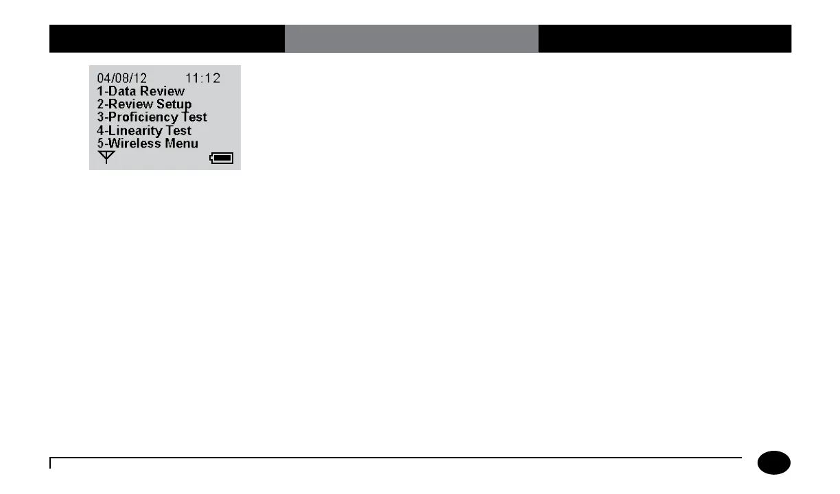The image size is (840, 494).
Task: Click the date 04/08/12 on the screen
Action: click(x=121, y=78)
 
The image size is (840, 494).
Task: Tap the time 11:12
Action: click(x=203, y=78)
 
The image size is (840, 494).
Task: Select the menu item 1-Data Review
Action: click(x=141, y=91)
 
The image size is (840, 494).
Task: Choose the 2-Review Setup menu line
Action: click(x=144, y=104)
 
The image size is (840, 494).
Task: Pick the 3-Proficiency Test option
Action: click(x=152, y=117)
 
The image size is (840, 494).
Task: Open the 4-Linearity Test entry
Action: click(x=144, y=130)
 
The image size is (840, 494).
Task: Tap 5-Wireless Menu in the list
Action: click(x=148, y=143)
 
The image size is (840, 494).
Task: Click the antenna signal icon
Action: click(x=105, y=158)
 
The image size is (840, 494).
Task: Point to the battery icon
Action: click(x=222, y=158)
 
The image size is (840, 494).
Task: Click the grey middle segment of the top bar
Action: click(x=411, y=38)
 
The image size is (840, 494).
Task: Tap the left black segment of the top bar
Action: click(x=167, y=38)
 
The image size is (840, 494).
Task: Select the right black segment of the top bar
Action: click(x=664, y=38)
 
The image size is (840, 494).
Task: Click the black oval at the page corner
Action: click(x=774, y=463)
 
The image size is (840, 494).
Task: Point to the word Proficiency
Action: click(x=143, y=117)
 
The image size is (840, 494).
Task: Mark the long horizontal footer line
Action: click(x=396, y=458)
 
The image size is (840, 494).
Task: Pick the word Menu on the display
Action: click(x=182, y=143)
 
